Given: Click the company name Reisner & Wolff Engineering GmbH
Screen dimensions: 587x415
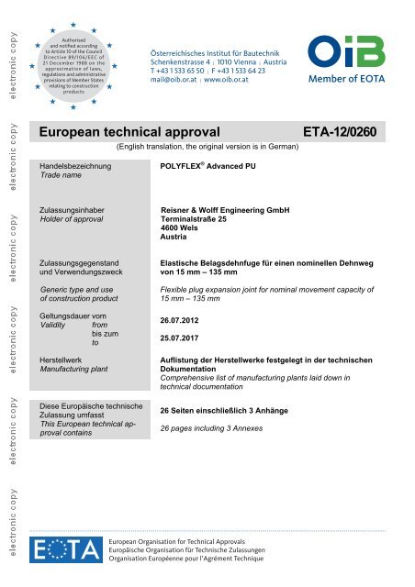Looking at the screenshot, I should pos(225,210).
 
